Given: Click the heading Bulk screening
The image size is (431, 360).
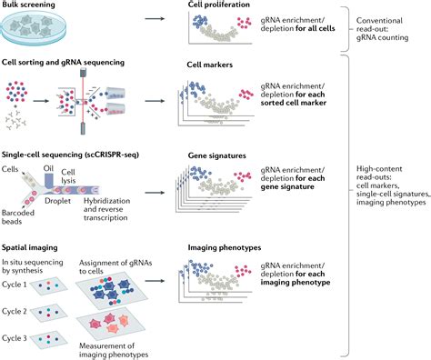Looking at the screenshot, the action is pyautogui.click(x=28, y=5).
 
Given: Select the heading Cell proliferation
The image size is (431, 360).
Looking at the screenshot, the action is pyautogui.click(x=218, y=5).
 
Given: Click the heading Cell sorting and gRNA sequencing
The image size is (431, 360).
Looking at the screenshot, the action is pyautogui.click(x=63, y=63).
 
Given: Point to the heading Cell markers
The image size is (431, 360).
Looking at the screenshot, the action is pyautogui.click(x=210, y=65).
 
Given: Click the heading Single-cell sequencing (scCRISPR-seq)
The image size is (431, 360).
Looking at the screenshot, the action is pyautogui.click(x=70, y=155).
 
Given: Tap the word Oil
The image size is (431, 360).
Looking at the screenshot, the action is pyautogui.click(x=48, y=168).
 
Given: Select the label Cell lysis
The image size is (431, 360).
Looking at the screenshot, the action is pyautogui.click(x=68, y=176).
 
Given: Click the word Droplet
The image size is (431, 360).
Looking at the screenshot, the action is pyautogui.click(x=57, y=201).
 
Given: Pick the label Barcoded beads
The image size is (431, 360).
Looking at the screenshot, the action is pyautogui.click(x=18, y=217).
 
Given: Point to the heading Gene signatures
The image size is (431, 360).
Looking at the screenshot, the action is pyautogui.click(x=216, y=155).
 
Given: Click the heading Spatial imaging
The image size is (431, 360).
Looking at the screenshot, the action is pyautogui.click(x=29, y=247).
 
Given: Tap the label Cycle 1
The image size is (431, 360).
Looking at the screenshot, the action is pyautogui.click(x=15, y=285).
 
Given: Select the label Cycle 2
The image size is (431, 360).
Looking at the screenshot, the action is pyautogui.click(x=15, y=312).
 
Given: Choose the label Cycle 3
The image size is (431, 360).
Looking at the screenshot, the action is pyautogui.click(x=15, y=338).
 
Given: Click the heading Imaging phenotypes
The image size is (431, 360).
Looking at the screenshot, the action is pyautogui.click(x=225, y=248).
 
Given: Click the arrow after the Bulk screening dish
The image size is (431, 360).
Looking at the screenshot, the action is pyautogui.click(x=155, y=19).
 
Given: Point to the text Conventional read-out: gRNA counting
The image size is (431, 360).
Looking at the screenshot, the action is pyautogui.click(x=382, y=29).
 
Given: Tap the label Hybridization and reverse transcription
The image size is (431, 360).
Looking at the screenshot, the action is pyautogui.click(x=107, y=209).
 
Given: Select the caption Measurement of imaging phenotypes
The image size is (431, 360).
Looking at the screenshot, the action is pyautogui.click(x=114, y=350).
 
